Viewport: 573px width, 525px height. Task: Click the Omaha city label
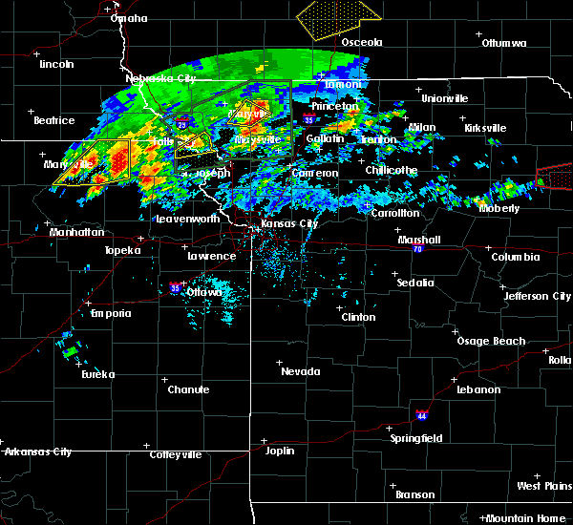tap(129, 18)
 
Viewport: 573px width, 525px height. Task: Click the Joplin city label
tap(280, 450)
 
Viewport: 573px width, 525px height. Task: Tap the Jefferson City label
tap(538, 296)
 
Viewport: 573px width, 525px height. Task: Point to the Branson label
tap(415, 494)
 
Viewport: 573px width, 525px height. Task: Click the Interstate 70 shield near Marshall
tap(418, 248)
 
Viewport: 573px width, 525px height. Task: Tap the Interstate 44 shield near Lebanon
tap(421, 415)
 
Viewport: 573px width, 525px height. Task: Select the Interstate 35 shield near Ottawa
tap(175, 286)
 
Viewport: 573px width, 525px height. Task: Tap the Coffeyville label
tap(177, 454)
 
